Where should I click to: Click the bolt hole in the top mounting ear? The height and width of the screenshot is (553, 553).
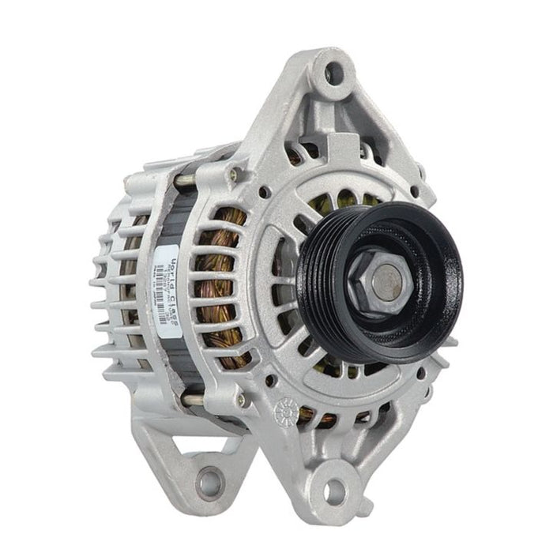(x=335, y=73)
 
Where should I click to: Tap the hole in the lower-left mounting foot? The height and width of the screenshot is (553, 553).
(x=209, y=480)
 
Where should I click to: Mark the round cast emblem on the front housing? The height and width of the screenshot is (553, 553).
(x=282, y=412)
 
